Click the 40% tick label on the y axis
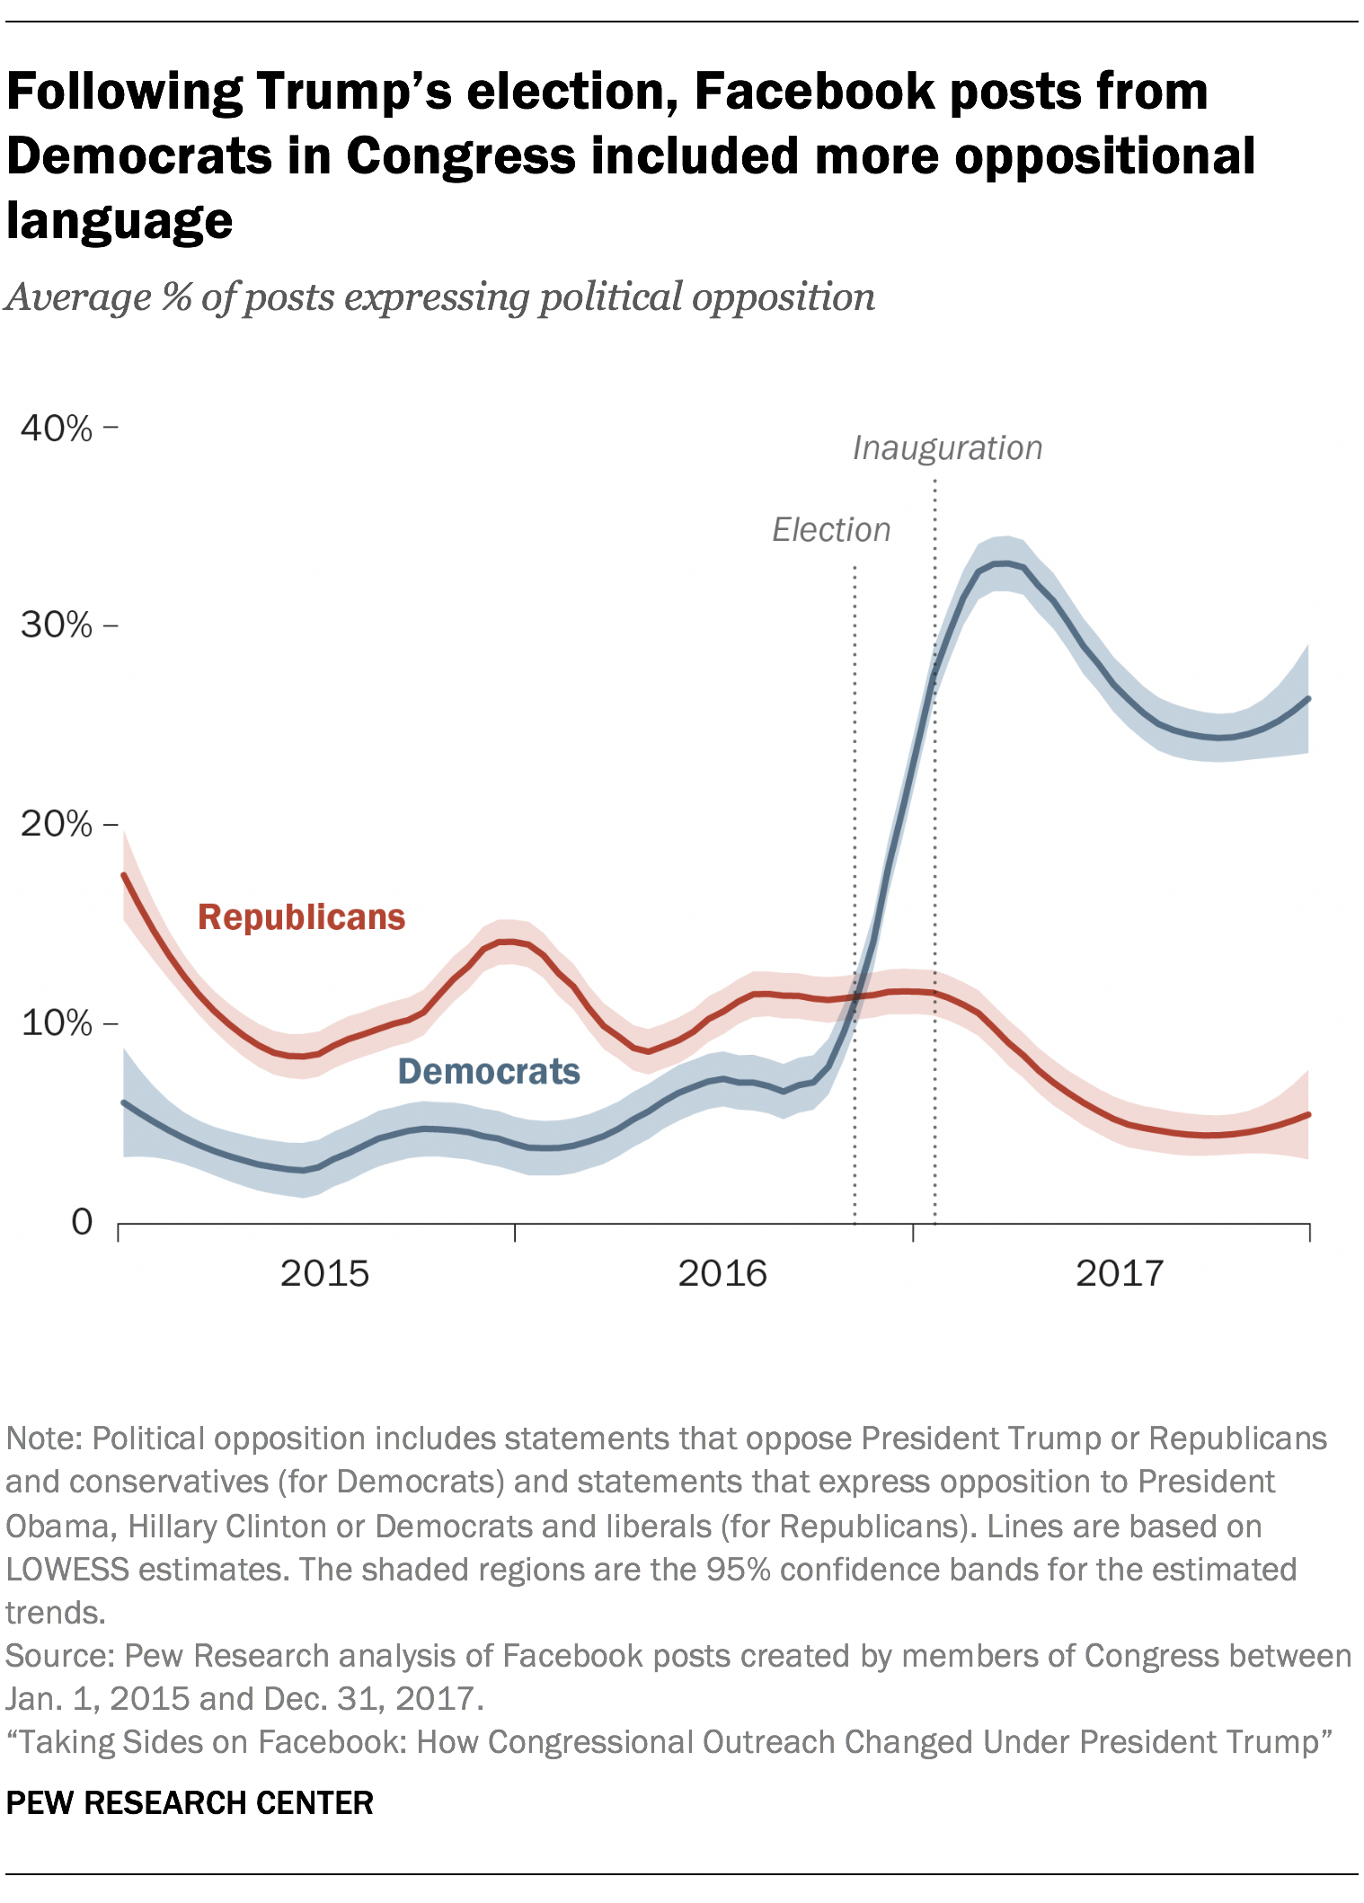(x=56, y=429)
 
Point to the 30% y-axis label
(x=56, y=625)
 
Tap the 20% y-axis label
(x=56, y=824)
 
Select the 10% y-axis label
(x=56, y=1023)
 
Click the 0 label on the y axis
(x=82, y=1222)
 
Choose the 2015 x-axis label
(x=324, y=1273)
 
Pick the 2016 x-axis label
(x=722, y=1273)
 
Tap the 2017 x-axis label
(x=1120, y=1273)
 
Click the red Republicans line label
(x=301, y=917)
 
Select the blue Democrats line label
(x=489, y=1071)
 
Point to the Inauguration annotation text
(x=947, y=447)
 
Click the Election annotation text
(x=831, y=530)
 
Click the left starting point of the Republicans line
(x=124, y=875)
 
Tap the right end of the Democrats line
(x=1307, y=699)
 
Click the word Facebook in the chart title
(x=816, y=92)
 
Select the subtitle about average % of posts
(x=439, y=297)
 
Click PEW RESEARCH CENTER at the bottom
(x=190, y=1802)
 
